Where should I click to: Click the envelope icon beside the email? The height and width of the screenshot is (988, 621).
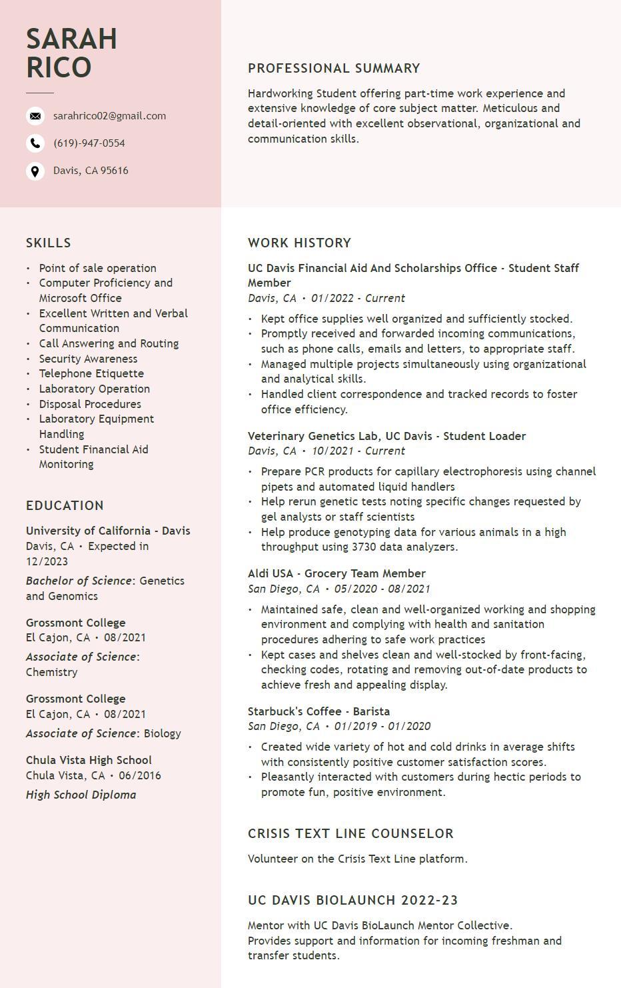35,116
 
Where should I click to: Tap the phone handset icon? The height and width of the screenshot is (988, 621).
35,143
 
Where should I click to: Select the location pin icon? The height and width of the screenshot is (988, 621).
35,171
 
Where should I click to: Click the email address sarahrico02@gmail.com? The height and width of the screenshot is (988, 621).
109,116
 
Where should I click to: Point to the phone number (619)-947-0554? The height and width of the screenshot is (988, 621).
89,143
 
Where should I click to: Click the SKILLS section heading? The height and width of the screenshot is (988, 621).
49,243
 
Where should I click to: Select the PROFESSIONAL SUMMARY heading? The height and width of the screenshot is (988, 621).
334,69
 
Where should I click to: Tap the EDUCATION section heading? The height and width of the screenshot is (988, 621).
65,506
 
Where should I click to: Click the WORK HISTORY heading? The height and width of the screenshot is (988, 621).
299,243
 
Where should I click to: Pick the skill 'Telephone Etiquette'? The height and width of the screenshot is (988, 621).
91,373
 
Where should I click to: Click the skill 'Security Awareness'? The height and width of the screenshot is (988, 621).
88,359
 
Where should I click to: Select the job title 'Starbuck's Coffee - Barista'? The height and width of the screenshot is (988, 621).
318,711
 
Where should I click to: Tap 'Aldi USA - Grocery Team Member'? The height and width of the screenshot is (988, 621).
336,573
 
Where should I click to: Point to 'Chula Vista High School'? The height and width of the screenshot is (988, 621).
89,760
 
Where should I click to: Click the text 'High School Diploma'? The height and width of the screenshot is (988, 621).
81,795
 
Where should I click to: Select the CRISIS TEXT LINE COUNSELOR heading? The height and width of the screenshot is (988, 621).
350,834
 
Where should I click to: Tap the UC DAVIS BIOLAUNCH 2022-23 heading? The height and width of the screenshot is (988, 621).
352,901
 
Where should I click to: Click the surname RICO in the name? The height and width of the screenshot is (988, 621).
59,67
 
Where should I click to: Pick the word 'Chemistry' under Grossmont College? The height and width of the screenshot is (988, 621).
51,672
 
